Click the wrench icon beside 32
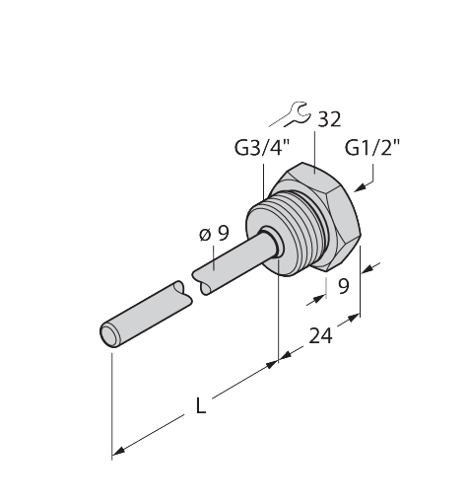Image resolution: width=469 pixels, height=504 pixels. click(x=297, y=114)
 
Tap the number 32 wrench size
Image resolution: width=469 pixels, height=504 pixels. click(x=330, y=119)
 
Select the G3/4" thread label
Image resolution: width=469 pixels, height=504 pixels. click(x=263, y=148)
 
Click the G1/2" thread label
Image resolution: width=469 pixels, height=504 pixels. click(x=372, y=148)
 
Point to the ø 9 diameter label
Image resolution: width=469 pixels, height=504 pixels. click(x=214, y=234)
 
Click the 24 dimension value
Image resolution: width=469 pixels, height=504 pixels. click(x=320, y=335)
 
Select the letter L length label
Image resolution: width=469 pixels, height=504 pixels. click(x=201, y=405)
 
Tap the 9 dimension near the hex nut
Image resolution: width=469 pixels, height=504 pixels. click(x=344, y=286)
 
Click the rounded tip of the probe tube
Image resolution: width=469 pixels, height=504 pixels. click(x=109, y=335)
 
